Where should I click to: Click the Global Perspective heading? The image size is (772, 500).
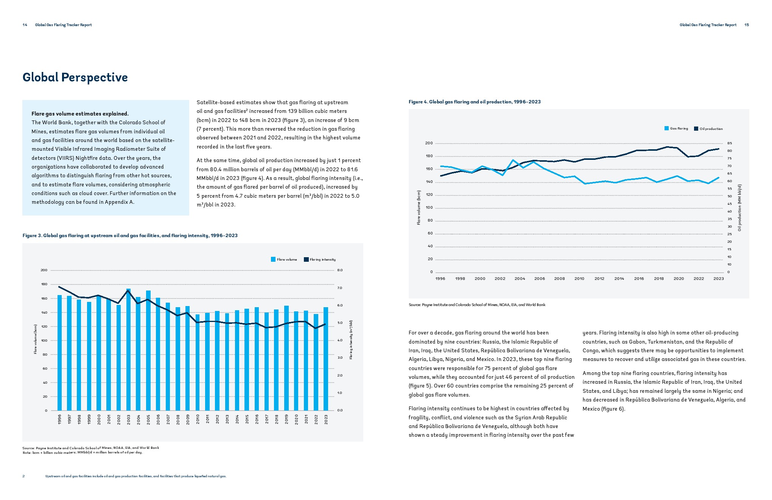coord(75,77)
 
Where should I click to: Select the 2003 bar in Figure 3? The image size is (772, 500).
coord(129,348)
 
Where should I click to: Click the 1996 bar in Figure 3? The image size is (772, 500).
coord(59,352)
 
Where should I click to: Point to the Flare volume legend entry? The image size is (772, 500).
coord(284,259)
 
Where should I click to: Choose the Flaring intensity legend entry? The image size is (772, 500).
coord(320,259)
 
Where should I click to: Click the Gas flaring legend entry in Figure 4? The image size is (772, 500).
coord(676,128)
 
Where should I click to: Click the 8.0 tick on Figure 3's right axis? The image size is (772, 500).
coord(340,270)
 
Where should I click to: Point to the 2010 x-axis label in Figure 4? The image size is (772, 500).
coord(579,278)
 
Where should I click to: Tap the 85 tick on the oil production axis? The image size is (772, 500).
coord(729,143)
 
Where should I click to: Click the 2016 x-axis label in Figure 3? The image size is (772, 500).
coord(257,419)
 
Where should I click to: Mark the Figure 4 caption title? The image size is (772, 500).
coord(475,102)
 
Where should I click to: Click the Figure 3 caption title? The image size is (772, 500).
coord(130,235)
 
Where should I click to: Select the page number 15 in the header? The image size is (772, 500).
coord(747,25)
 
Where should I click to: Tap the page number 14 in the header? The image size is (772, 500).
coord(25,25)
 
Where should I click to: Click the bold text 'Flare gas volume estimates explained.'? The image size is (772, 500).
coord(80,114)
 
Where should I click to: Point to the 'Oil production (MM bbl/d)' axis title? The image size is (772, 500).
coord(739,208)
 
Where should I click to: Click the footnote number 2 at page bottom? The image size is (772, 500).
coord(23,476)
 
